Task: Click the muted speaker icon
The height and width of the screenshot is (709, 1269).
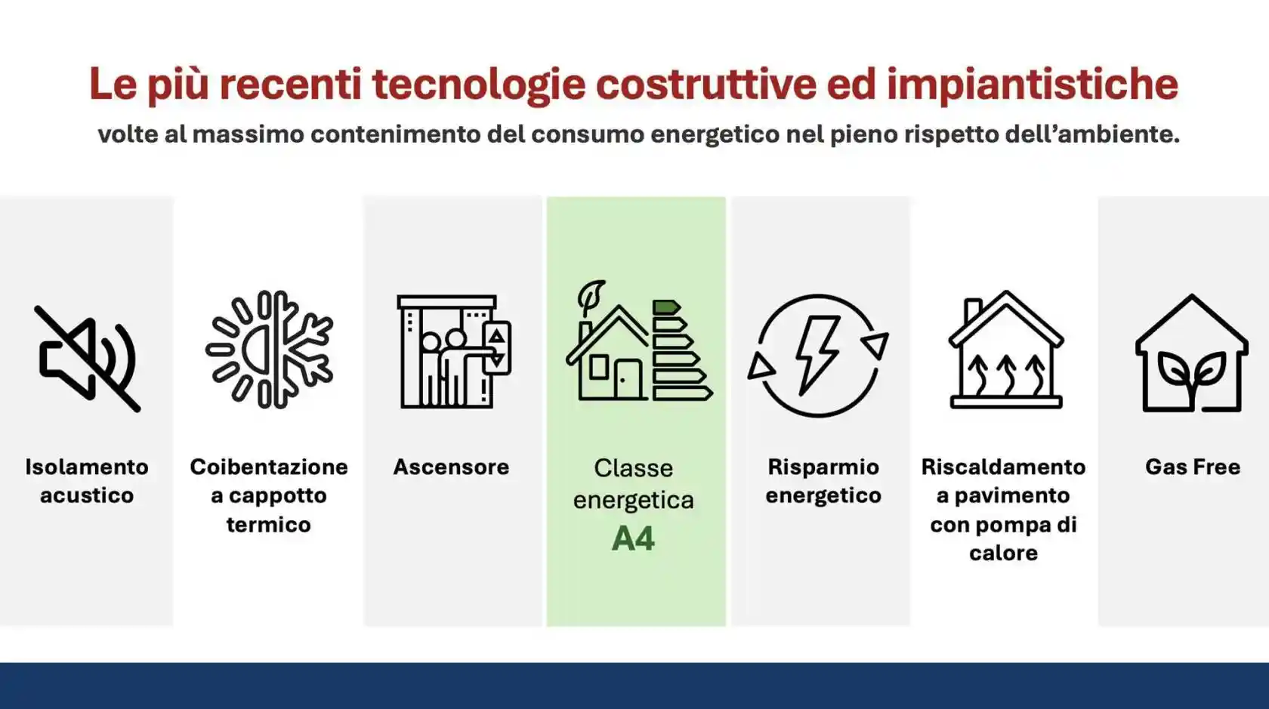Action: pyautogui.click(x=88, y=359)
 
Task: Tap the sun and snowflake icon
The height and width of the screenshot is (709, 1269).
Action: pyautogui.click(x=269, y=350)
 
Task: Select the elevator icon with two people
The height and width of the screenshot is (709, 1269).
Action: pyautogui.click(x=453, y=352)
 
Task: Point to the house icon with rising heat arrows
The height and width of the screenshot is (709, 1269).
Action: pyautogui.click(x=1005, y=350)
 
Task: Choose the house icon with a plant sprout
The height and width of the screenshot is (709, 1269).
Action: pyautogui.click(x=1191, y=355)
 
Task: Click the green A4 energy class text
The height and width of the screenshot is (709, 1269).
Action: pyautogui.click(x=633, y=539)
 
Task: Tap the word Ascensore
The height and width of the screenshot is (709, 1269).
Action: pyautogui.click(x=451, y=467)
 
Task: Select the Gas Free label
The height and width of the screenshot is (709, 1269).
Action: pyautogui.click(x=1192, y=467)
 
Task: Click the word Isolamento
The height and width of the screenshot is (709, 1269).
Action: pyautogui.click(x=87, y=467)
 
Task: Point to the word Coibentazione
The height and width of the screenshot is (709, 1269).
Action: pyautogui.click(x=269, y=467)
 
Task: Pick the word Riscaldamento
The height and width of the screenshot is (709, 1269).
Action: pyautogui.click(x=1003, y=467)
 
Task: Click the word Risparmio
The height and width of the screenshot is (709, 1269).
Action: pyautogui.click(x=823, y=467)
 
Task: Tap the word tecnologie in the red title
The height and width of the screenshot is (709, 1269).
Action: pyautogui.click(x=478, y=84)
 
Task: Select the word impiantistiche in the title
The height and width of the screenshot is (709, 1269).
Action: pyautogui.click(x=1032, y=84)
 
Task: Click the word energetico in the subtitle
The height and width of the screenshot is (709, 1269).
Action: pyautogui.click(x=715, y=134)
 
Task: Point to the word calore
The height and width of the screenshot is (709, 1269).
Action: pyautogui.click(x=1003, y=553)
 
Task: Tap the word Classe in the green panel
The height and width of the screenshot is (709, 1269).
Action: pyautogui.click(x=633, y=468)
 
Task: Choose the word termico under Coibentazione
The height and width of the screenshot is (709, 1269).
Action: pyautogui.click(x=269, y=525)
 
